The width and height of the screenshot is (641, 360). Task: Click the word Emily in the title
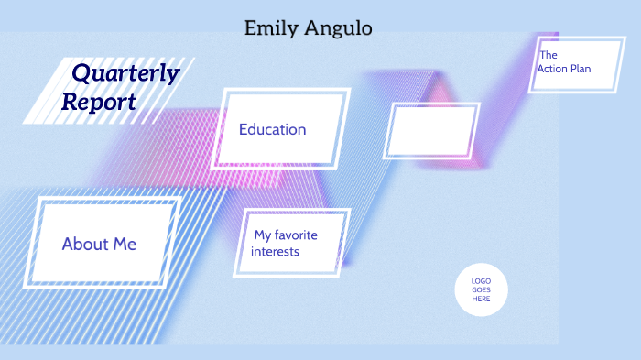267,28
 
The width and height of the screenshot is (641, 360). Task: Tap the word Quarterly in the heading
125,72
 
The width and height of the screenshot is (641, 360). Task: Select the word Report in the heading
99,102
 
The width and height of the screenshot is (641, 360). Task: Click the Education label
272,129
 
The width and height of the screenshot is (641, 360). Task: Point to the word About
85,244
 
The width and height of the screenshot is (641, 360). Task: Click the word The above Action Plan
549,55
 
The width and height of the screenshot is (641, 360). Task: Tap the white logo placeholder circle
481,289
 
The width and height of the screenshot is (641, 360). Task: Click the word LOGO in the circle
481,280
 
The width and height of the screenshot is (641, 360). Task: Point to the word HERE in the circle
481,299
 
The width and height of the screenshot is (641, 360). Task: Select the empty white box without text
432,131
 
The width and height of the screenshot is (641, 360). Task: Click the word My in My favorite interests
262,235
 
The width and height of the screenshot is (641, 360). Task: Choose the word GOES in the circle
481,289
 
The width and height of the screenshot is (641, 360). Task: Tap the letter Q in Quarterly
82,72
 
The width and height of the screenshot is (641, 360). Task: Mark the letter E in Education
244,129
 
